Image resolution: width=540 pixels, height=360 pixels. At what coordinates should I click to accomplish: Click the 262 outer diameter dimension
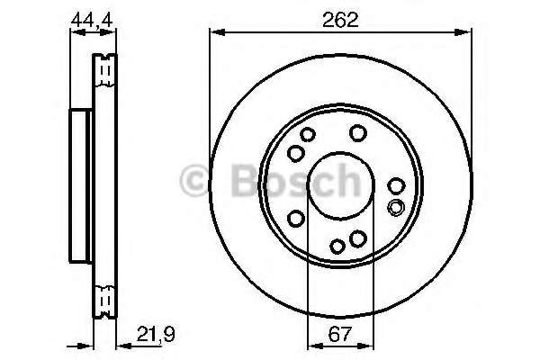pyautogui.click(x=340, y=20)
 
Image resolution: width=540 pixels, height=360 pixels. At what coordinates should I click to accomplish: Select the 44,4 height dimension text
pyautogui.click(x=92, y=21)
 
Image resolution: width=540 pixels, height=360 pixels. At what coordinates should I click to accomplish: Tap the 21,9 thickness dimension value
pyautogui.click(x=156, y=334)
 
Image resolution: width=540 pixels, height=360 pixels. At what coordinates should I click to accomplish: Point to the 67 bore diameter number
pyautogui.click(x=340, y=334)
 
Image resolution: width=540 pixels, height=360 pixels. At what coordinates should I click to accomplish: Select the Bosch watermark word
pyautogui.click(x=296, y=180)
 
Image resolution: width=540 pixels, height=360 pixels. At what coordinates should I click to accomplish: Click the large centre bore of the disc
pyautogui.click(x=340, y=185)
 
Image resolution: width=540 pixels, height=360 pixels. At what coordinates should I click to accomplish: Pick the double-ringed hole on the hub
pyautogui.click(x=395, y=207)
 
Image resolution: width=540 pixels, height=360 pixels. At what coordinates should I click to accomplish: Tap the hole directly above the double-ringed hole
pyautogui.click(x=396, y=185)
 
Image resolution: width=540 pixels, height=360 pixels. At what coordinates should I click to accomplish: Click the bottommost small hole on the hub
pyautogui.click(x=337, y=246)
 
